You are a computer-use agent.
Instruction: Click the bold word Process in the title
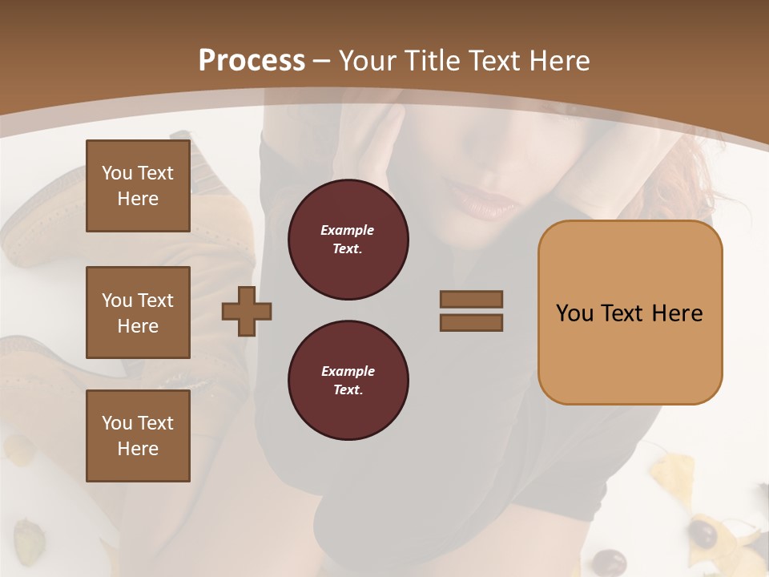[252, 61]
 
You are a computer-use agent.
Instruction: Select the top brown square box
[138, 186]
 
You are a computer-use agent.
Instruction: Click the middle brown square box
[138, 313]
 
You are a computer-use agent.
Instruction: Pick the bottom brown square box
[138, 436]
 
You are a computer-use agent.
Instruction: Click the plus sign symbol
[247, 311]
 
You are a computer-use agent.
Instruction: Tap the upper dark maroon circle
[348, 240]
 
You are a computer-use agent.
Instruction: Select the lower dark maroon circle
[348, 381]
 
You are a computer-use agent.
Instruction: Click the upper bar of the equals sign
[471, 300]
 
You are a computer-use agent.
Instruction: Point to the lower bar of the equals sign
[471, 322]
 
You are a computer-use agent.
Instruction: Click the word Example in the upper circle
[347, 230]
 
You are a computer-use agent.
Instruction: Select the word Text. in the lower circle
[348, 390]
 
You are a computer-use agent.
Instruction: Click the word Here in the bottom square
[138, 449]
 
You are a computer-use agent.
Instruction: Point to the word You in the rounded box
[575, 313]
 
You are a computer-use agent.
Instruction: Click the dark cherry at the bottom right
[704, 533]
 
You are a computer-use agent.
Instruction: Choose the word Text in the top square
[155, 173]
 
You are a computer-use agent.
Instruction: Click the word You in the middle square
[117, 301]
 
